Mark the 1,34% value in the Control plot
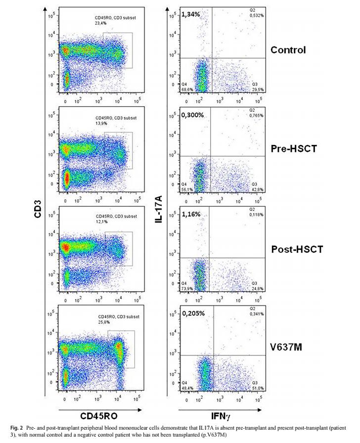point(190,14)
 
